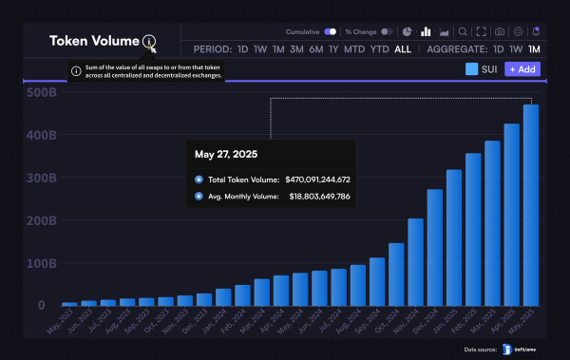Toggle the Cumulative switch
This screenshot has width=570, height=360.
(x=330, y=31)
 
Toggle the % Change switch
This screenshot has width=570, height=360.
(x=387, y=31)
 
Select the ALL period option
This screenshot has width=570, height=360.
(x=403, y=48)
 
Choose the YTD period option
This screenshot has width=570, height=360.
(x=379, y=48)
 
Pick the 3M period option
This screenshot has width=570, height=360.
(x=297, y=48)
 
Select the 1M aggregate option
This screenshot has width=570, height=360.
(x=534, y=48)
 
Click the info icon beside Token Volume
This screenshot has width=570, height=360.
(x=148, y=41)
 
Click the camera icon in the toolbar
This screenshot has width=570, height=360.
(x=500, y=31)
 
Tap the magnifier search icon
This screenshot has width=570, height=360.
(x=463, y=31)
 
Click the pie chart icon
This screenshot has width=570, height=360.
(x=408, y=31)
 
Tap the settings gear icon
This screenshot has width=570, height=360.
(x=518, y=31)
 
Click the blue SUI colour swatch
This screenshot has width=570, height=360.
(x=472, y=69)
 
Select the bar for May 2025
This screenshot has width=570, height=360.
(x=531, y=205)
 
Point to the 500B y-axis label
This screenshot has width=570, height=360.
(x=41, y=92)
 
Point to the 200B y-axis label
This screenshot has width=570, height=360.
(x=41, y=220)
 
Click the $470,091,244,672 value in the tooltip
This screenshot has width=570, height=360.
(x=317, y=179)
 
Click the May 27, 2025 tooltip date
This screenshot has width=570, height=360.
(x=225, y=153)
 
